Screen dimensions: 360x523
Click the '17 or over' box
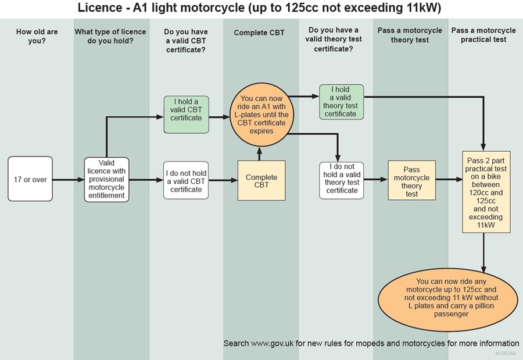tap(30, 180)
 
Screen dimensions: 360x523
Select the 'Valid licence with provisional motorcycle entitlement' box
tap(106, 179)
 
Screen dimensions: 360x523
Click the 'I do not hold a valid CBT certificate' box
tap(186, 180)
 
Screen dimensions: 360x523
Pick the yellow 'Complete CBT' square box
tap(261, 180)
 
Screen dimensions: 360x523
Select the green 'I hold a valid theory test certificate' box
tap(341, 102)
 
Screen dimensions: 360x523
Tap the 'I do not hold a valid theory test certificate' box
tap(342, 179)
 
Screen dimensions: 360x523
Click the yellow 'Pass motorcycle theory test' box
tap(411, 180)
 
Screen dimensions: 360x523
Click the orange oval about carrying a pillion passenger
tap(449, 297)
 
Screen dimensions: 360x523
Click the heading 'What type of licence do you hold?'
tap(110, 36)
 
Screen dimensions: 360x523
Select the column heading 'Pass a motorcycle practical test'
tap(483, 35)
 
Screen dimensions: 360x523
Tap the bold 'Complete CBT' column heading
tap(259, 33)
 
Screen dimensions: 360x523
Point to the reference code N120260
tap(506, 353)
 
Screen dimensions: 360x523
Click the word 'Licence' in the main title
tap(99, 8)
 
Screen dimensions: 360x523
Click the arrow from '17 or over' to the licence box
tap(68, 180)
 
